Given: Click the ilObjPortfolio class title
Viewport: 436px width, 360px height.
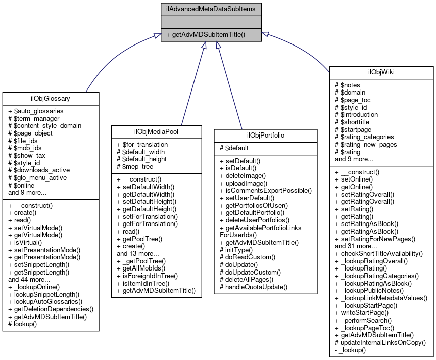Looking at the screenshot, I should click(266, 136).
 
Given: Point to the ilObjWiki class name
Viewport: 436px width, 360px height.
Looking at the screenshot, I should click(381, 72).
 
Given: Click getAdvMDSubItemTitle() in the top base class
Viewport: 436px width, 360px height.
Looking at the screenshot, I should click(208, 35).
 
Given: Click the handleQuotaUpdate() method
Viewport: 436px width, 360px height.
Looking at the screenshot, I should click(254, 287).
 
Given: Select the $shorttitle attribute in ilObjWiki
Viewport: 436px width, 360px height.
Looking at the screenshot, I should click(354, 121).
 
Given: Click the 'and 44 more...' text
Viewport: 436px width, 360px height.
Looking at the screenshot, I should click(29, 279).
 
